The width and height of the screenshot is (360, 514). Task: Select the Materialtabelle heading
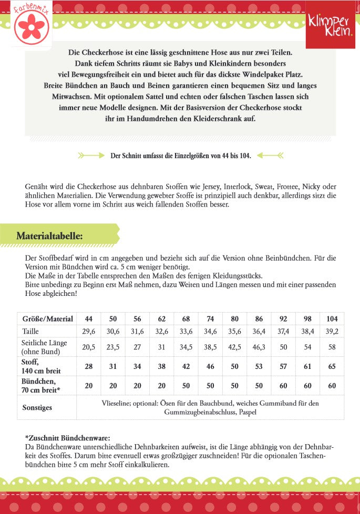click(x=49, y=235)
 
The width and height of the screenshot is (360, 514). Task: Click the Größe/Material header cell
click(x=47, y=319)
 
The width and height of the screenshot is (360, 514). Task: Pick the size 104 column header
click(x=332, y=319)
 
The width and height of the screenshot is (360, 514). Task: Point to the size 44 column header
click(x=89, y=319)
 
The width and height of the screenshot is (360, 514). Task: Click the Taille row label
click(x=31, y=331)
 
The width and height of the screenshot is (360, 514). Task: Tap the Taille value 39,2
click(x=332, y=331)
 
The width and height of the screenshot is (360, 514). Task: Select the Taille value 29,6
click(x=89, y=331)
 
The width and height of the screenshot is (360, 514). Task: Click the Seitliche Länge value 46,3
click(x=259, y=347)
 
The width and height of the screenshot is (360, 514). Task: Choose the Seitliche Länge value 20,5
click(x=89, y=347)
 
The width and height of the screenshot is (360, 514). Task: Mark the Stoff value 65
click(x=332, y=366)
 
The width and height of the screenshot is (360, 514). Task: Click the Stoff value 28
click(x=89, y=366)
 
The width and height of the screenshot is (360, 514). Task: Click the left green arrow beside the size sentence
click(x=91, y=156)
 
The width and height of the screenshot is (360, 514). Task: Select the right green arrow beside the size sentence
click(x=270, y=156)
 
